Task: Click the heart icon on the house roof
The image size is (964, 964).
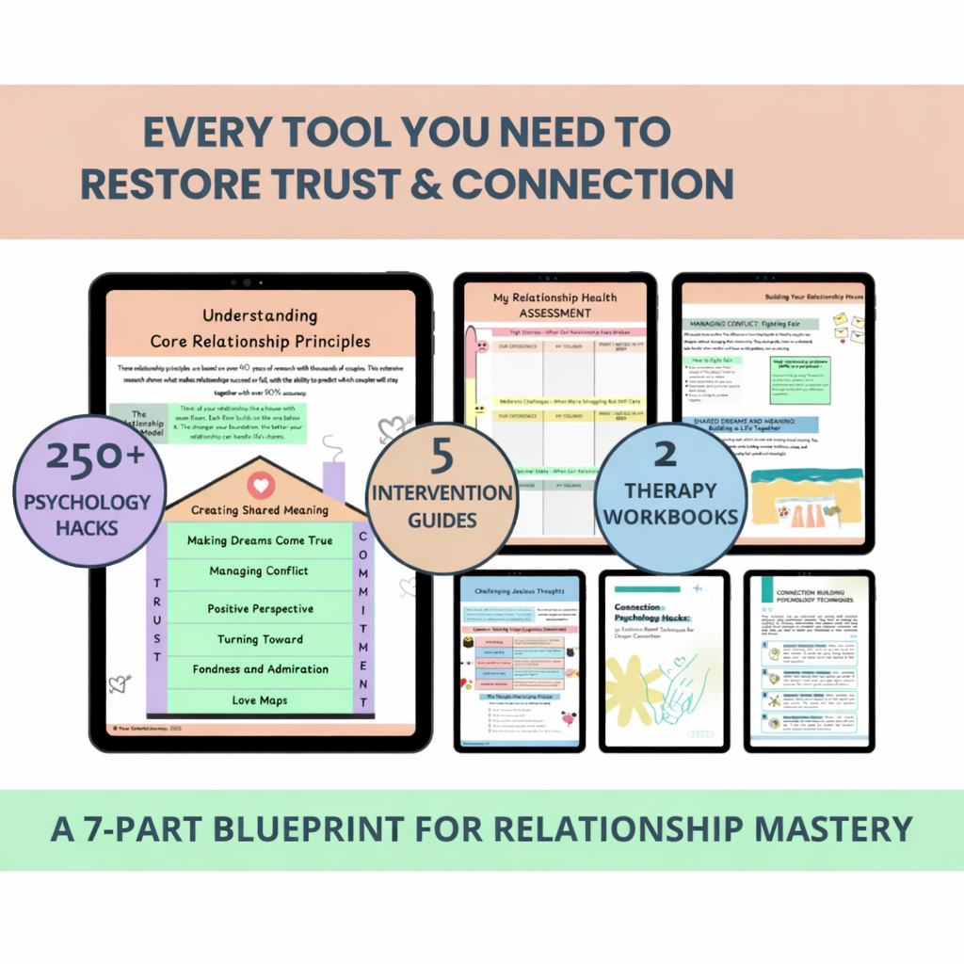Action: (261, 486)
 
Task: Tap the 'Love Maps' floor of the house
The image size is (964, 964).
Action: (260, 700)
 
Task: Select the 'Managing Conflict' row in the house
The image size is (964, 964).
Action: (260, 571)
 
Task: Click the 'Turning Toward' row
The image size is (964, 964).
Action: (260, 639)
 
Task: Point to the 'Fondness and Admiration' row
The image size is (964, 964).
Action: (260, 669)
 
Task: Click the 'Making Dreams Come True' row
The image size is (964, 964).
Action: (260, 540)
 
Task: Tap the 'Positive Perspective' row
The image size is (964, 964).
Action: (260, 609)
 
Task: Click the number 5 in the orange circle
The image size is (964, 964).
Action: (442, 458)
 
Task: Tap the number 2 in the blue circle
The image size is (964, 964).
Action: (665, 455)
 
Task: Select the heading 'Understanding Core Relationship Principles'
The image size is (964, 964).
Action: (260, 329)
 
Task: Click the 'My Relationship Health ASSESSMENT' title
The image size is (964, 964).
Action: (554, 305)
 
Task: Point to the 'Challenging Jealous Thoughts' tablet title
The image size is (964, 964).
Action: (518, 591)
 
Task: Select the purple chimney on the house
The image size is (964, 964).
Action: (334, 480)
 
